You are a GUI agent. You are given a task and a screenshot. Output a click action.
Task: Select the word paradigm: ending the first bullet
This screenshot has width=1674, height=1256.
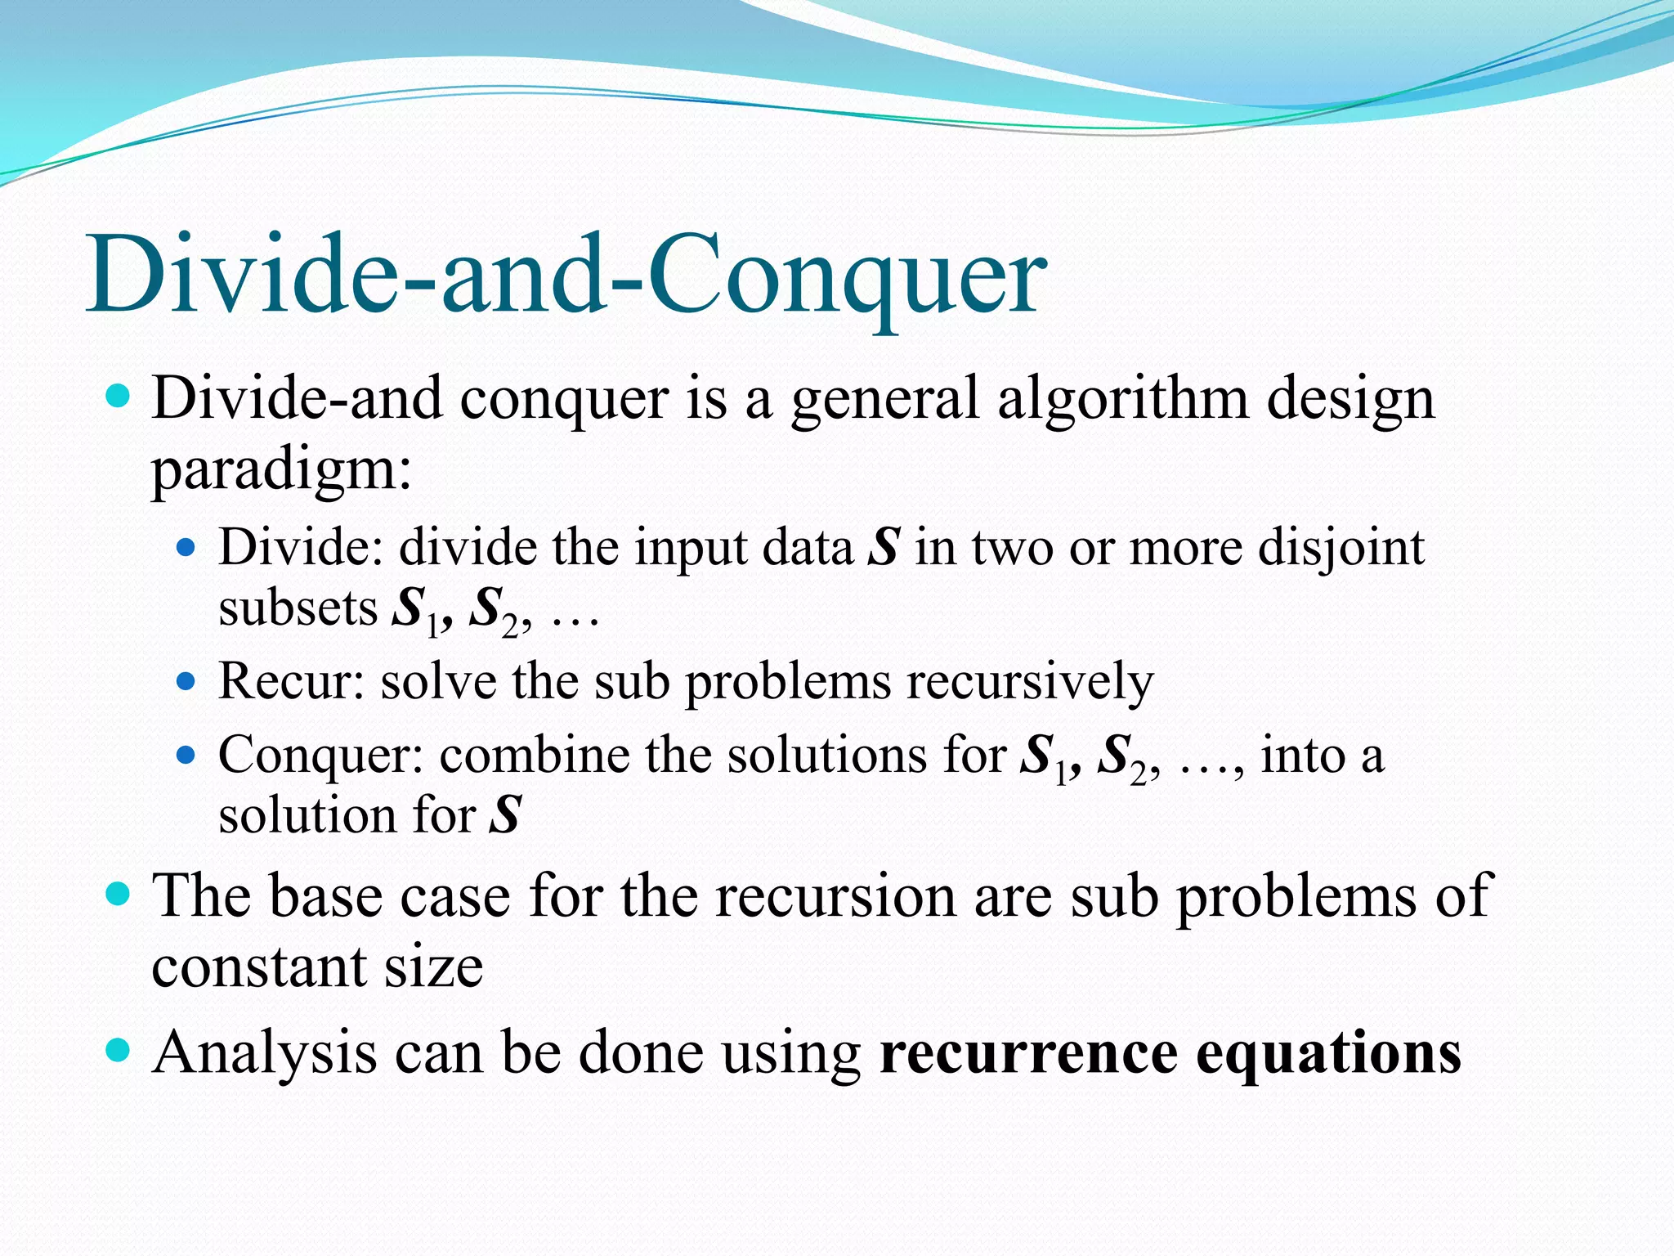click(282, 470)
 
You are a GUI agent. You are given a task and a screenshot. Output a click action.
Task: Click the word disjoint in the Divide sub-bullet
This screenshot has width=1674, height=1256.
click(1341, 547)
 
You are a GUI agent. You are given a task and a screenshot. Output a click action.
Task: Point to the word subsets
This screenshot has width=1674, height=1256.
click(298, 608)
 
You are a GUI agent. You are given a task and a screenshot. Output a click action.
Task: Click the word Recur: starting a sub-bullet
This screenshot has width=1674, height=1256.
click(290, 681)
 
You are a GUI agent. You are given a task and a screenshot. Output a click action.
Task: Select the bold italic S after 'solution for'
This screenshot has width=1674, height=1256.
click(505, 815)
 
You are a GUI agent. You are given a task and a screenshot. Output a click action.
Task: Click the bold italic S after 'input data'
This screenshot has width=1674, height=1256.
click(884, 547)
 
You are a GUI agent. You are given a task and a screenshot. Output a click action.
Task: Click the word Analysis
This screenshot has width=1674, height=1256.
click(264, 1052)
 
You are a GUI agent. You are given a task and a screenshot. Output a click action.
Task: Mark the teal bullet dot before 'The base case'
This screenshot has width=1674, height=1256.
click(119, 894)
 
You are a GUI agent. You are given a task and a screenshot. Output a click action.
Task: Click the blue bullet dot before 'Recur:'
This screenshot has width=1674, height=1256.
click(186, 680)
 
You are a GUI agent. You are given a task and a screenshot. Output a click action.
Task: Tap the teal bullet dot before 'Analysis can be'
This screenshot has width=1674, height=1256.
click(119, 1050)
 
